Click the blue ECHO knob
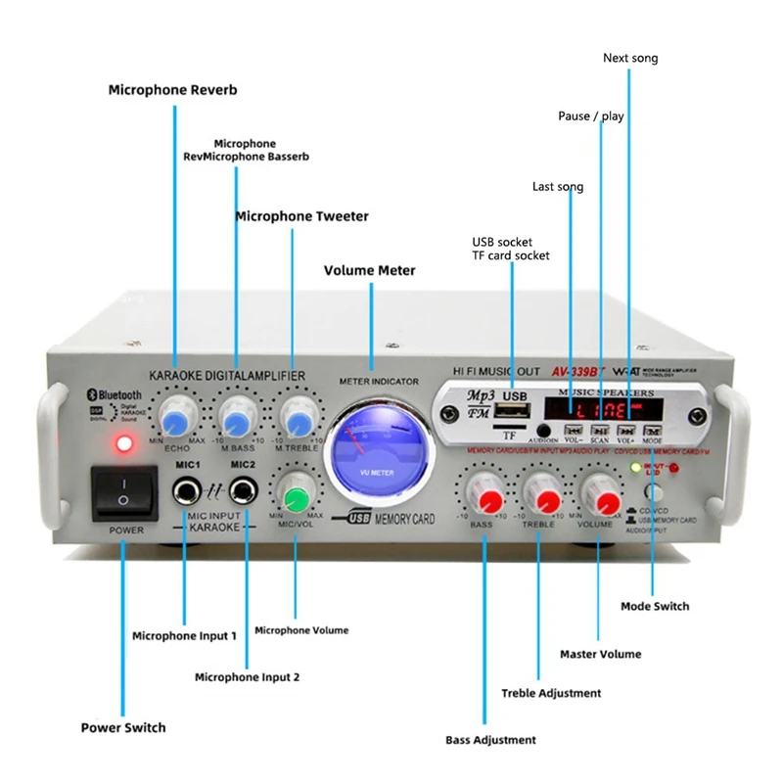pyautogui.click(x=176, y=421)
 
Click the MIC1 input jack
pyautogui.click(x=186, y=488)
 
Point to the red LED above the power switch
pyautogui.click(x=123, y=444)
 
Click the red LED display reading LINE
pyautogui.click(x=602, y=410)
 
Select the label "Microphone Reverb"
pyautogui.click(x=172, y=90)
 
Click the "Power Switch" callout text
pyautogui.click(x=122, y=727)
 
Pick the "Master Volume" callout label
pyautogui.click(x=600, y=654)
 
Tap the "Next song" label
pyautogui.click(x=630, y=59)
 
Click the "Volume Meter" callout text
pyautogui.click(x=369, y=270)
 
